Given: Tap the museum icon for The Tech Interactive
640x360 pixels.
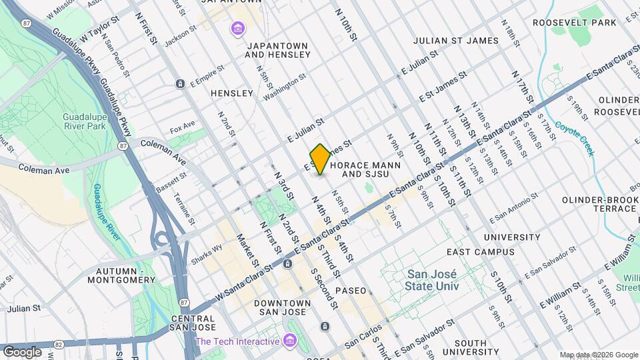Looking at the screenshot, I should [289, 341].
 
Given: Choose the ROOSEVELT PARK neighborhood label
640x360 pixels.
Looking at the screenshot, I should [575, 23].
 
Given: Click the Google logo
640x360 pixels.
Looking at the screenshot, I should [22, 351].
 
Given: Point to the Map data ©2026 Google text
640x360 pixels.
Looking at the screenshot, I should [598, 355].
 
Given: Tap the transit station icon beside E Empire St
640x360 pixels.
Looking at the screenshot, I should [180, 83].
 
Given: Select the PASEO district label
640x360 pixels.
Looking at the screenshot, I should [351, 291].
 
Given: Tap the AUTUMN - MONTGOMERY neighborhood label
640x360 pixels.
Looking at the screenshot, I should [125, 275].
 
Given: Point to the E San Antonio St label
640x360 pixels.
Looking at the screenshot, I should [513, 209].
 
